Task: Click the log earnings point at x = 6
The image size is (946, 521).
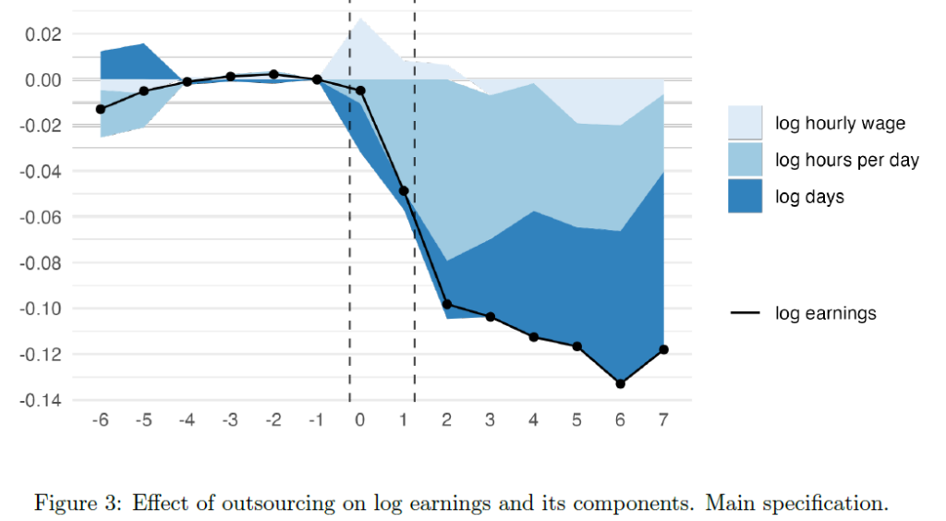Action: point(620,383)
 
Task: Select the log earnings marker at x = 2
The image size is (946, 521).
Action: point(446,304)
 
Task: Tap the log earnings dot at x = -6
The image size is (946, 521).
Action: point(100,109)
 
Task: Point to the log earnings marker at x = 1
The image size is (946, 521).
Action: point(404,190)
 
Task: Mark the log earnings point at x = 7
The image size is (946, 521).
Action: point(663,349)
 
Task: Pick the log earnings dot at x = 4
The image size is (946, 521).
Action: point(533,337)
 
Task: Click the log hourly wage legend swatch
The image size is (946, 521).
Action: point(745,123)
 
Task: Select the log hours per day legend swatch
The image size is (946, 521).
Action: point(745,160)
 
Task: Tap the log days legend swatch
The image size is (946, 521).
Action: point(745,196)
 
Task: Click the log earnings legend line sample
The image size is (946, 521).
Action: point(745,314)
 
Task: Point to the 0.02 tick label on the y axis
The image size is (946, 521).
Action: point(43,35)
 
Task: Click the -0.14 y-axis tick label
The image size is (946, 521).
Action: point(41,401)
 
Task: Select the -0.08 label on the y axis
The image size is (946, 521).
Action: point(41,263)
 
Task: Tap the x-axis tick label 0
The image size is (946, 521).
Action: point(359,420)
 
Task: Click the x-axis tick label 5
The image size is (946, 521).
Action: point(576,420)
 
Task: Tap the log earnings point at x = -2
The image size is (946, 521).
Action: point(273,74)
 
